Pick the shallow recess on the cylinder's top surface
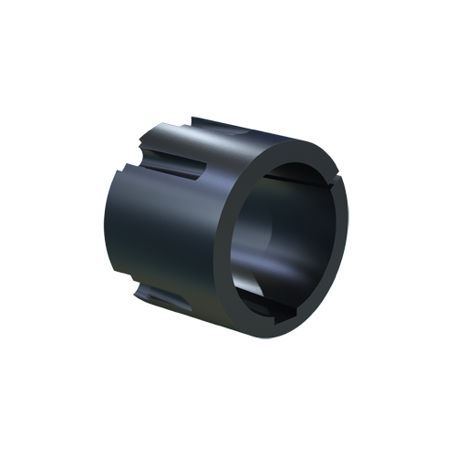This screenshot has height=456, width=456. (x=228, y=132)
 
